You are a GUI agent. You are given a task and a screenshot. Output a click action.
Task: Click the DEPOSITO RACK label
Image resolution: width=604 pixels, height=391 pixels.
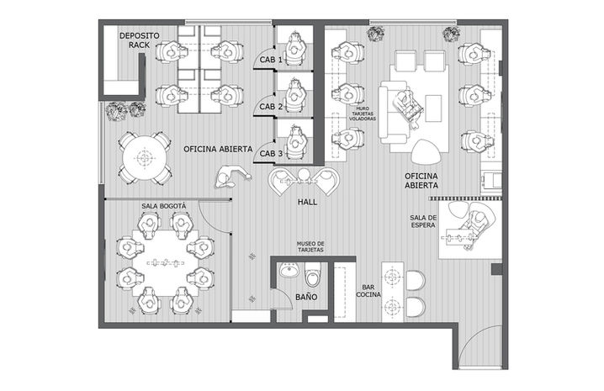(x=139, y=40)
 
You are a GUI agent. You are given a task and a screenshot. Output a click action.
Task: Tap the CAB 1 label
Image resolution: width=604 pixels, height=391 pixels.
(x=271, y=60)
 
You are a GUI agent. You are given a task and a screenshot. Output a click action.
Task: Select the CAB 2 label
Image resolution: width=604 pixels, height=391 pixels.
(x=271, y=106)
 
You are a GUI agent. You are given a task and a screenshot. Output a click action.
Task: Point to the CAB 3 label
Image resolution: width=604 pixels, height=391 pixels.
(x=271, y=153)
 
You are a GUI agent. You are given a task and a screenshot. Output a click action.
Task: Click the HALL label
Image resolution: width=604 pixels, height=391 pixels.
(x=307, y=202)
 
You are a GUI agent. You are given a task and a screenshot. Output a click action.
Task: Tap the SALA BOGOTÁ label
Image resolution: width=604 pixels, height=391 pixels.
(x=164, y=206)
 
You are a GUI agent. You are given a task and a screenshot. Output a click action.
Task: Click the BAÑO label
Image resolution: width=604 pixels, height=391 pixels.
(x=306, y=297)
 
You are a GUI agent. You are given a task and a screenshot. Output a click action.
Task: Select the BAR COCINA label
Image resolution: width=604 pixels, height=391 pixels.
(x=368, y=291)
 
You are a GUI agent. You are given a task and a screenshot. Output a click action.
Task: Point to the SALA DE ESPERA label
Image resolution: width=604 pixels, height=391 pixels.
(x=423, y=221)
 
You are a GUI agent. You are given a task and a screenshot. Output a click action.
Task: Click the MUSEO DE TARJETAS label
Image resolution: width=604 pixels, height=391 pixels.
(x=310, y=246)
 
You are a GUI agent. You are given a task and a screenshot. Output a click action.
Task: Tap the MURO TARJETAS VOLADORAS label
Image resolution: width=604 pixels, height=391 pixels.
(x=363, y=114)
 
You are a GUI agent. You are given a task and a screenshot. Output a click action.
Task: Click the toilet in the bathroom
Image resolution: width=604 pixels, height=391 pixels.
(x=312, y=274)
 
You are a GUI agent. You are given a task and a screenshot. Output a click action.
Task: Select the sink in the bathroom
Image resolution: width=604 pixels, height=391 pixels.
(x=289, y=270)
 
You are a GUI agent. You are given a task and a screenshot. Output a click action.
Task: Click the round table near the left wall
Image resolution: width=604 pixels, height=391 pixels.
(x=145, y=157)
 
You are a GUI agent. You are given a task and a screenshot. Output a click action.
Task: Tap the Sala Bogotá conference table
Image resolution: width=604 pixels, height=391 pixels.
(x=166, y=263)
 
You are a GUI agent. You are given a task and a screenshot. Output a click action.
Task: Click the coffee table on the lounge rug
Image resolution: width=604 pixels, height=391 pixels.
(x=433, y=108)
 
